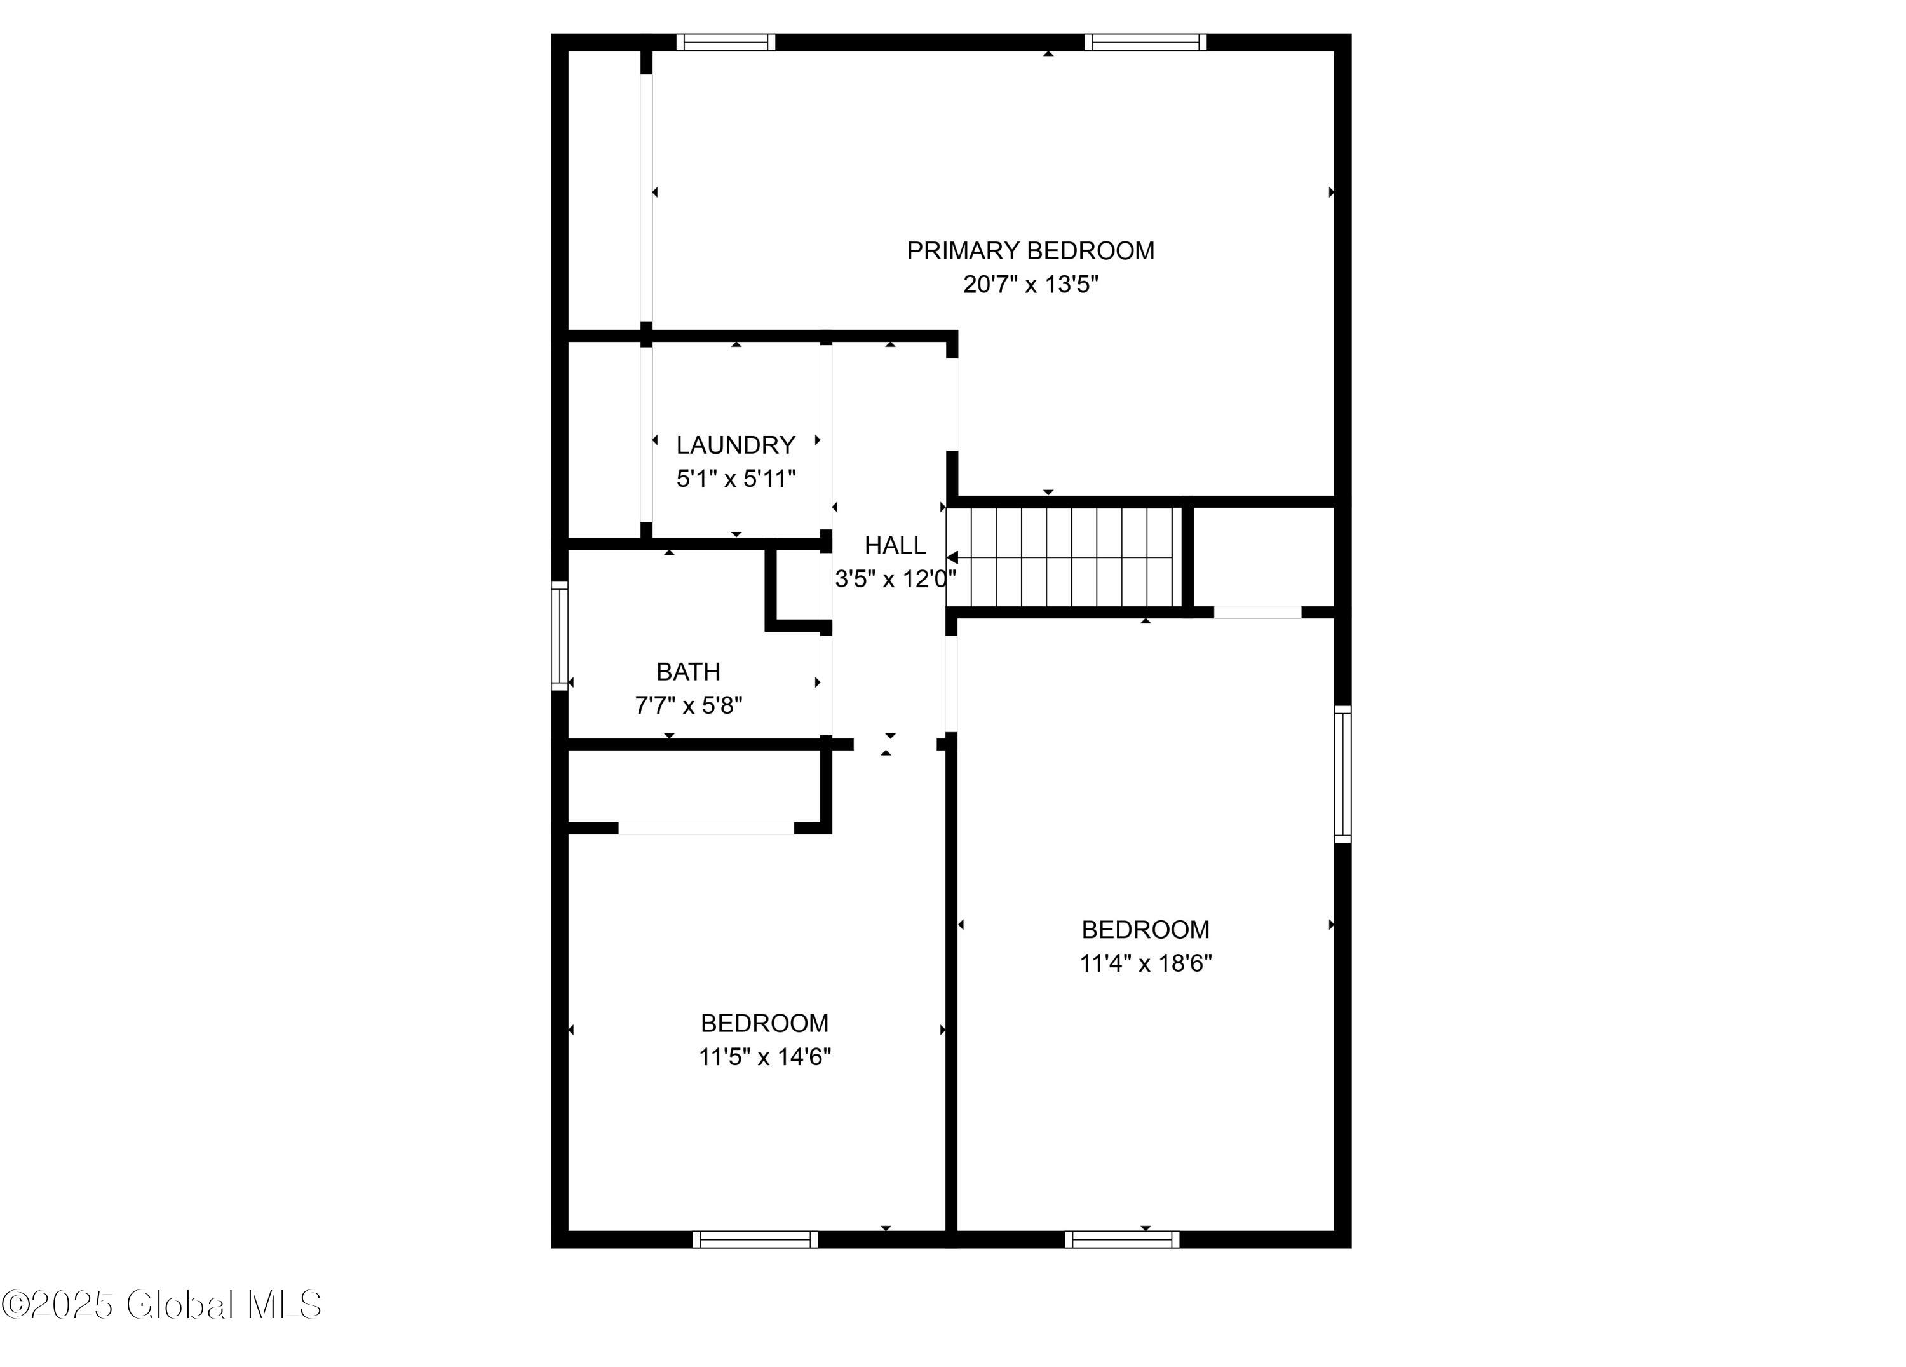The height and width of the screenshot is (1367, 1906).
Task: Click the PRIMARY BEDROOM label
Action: pos(1031,250)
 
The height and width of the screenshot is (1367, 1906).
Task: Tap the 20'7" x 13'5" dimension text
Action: pos(1031,285)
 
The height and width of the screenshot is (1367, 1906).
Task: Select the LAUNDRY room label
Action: pos(735,445)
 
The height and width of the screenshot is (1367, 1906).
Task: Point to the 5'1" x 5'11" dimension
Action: pos(735,479)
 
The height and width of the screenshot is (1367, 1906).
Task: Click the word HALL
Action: pos(895,546)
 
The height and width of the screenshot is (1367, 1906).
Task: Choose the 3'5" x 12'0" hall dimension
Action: pos(895,579)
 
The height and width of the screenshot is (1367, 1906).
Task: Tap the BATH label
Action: pos(688,672)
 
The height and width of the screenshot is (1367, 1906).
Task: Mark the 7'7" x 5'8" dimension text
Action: pos(688,705)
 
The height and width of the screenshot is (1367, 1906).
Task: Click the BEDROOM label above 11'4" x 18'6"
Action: pos(1146,930)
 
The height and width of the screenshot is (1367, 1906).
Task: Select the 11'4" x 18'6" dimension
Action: pos(1146,963)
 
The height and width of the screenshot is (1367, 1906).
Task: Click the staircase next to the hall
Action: pos(1063,557)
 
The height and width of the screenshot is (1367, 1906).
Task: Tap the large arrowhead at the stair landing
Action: pos(952,557)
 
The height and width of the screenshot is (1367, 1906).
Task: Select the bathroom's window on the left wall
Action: pos(560,636)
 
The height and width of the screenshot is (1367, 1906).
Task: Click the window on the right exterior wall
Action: pos(1343,774)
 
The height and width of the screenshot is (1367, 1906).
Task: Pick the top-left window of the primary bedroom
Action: pos(726,42)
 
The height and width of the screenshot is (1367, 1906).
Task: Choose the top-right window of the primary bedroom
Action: pos(1145,42)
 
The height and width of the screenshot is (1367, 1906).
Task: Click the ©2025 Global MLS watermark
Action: pos(161,1305)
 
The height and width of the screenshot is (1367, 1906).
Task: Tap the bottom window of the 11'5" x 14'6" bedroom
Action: pos(755,1239)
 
